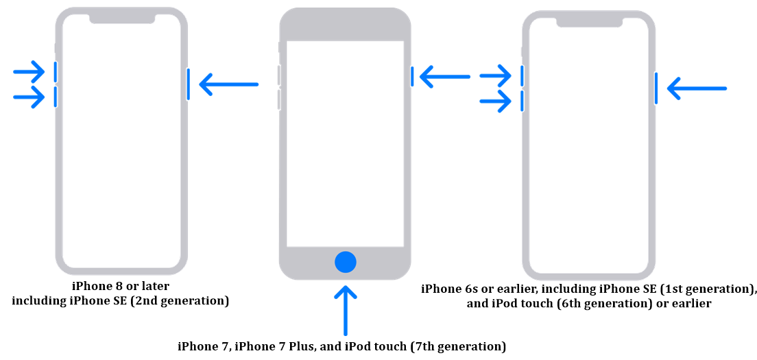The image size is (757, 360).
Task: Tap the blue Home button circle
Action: (x=346, y=261)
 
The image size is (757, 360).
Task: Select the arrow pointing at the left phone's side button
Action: (x=228, y=84)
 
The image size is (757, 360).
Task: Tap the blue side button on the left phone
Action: (x=188, y=84)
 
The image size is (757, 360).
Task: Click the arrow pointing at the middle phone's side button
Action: (x=444, y=76)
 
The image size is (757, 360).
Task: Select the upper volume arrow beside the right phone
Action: (x=496, y=75)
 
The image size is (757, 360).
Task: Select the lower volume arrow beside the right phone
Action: (x=496, y=101)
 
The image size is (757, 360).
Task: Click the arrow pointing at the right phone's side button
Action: (x=696, y=88)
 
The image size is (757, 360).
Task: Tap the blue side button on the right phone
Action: (x=656, y=88)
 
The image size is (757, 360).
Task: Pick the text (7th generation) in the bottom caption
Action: (x=458, y=346)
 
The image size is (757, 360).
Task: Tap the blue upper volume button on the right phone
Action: (x=522, y=75)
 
